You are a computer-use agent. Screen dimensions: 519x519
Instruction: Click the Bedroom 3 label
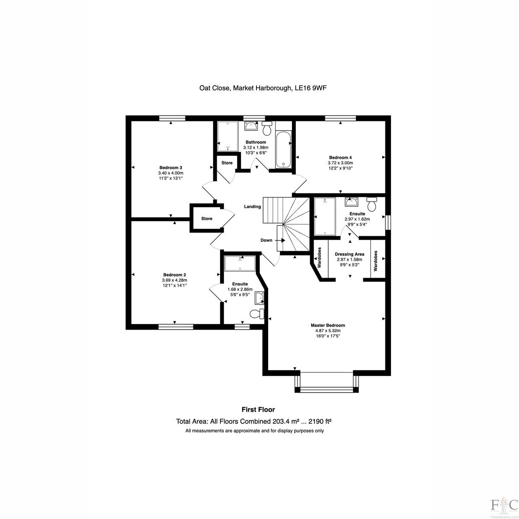[170, 167]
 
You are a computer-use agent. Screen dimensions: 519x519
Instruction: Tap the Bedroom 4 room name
[340, 157]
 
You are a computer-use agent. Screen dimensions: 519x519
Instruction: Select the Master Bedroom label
[327, 325]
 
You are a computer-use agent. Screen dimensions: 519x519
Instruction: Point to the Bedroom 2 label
[175, 275]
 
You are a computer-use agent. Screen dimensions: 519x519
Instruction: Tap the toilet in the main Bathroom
[267, 128]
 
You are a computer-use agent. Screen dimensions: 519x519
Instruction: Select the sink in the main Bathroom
[251, 125]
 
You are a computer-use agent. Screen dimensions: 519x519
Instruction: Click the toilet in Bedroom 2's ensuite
[256, 314]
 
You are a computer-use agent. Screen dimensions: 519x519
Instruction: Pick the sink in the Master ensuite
[351, 202]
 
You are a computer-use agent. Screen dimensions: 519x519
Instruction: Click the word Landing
[252, 207]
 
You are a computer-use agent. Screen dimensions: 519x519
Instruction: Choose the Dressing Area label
[349, 254]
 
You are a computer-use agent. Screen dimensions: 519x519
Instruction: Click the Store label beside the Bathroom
[227, 163]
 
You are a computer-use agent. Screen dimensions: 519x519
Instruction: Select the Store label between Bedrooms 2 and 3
[207, 218]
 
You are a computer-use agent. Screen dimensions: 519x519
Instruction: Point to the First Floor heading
[258, 410]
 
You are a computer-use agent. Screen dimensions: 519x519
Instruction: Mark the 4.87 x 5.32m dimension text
[327, 330]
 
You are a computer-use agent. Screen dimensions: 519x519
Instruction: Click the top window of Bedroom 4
[340, 118]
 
